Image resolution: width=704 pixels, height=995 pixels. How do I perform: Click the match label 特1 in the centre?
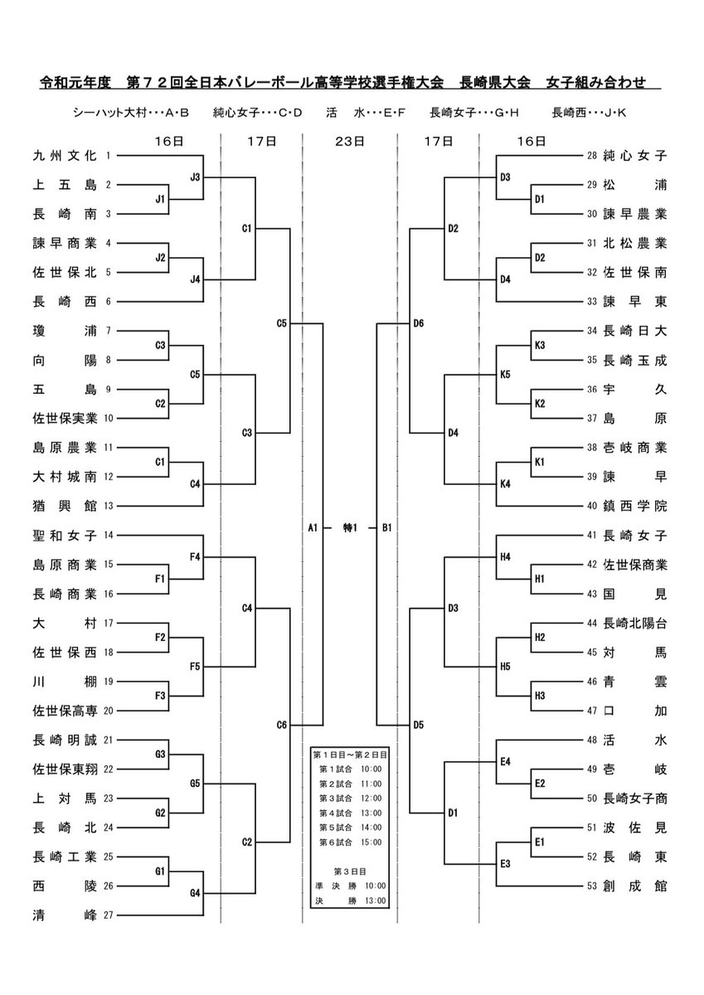[x=349, y=527]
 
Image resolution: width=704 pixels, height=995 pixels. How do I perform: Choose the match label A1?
[x=313, y=527]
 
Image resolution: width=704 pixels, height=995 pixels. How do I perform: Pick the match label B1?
[x=386, y=527]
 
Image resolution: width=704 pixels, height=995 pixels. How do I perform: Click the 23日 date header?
[x=349, y=142]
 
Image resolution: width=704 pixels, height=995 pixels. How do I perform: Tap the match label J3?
[x=195, y=176]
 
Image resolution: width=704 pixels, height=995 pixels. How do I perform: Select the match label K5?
[x=505, y=374]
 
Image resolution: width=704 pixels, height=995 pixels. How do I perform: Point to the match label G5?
[x=195, y=783]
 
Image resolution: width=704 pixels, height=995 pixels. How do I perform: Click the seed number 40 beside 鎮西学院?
[x=591, y=506]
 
